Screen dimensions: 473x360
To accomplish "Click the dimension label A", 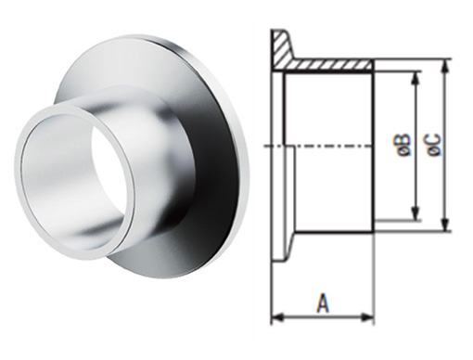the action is click(x=323, y=303).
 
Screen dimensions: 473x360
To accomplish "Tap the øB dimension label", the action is click(x=405, y=145).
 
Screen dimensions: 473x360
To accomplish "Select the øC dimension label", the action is click(x=434, y=144).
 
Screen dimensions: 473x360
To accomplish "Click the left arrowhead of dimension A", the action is click(x=277, y=317).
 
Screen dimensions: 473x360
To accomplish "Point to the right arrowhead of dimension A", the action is click(x=368, y=317).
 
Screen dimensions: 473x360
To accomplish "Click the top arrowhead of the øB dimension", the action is click(x=416, y=78).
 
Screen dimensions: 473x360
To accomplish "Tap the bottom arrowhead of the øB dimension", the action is click(x=416, y=214).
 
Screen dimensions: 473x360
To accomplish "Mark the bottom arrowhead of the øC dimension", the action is click(x=444, y=225).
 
